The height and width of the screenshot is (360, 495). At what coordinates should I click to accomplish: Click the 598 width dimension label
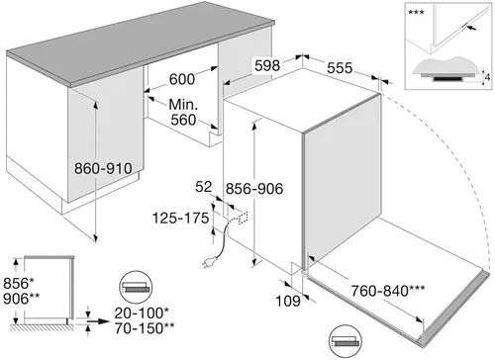pos(267,65)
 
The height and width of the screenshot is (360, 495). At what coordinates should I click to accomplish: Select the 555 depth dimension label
pos(340,68)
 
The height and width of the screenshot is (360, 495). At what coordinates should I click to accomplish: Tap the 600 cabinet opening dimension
pos(182,79)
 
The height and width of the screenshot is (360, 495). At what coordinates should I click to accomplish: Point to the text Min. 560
pos(183,112)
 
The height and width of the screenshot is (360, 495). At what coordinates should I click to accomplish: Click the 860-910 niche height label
pos(103,168)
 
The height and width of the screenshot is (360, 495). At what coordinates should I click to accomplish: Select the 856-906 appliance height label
pos(254,189)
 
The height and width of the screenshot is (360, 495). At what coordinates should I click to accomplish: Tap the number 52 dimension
pos(203,187)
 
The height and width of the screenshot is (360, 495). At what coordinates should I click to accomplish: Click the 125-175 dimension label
pos(180,218)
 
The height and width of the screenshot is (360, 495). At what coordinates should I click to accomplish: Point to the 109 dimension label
pos(288,301)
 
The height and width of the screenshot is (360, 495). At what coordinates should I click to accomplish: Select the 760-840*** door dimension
pos(388,291)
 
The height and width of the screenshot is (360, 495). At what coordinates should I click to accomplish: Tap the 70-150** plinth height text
pos(145,328)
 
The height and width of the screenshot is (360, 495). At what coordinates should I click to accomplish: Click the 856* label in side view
pos(19,283)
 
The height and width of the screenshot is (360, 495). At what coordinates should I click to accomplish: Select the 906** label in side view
pos(22,299)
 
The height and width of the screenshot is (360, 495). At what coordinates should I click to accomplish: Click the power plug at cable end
pos(209,262)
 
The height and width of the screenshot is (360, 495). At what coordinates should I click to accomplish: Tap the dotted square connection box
pos(243,218)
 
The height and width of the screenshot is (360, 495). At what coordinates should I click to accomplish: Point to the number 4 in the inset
pos(487,77)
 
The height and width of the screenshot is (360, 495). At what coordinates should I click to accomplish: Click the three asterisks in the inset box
pos(416,13)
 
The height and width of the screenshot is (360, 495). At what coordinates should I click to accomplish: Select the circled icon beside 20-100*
pos(136,288)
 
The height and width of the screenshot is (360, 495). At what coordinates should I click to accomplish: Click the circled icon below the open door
pos(346,341)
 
